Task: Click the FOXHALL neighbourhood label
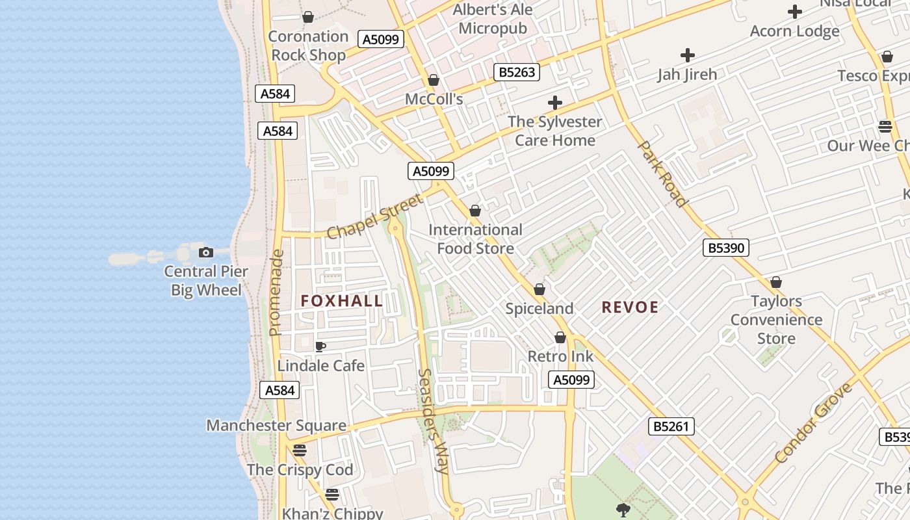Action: pos(342,301)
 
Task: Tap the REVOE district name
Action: pos(630,307)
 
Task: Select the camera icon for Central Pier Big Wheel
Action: pos(206,252)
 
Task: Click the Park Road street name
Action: pos(662,173)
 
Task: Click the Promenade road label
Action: pos(276,292)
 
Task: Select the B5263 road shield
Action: pos(517,72)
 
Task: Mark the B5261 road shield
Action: pos(671,426)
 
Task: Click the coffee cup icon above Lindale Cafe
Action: pos(320,346)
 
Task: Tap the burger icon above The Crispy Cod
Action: pos(299,450)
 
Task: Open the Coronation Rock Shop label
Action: pos(308,45)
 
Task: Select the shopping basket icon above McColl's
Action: pos(434,80)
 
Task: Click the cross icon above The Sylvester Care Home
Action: pos(554,103)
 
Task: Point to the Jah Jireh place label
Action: pos(687,74)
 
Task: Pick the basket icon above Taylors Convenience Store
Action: pos(775,282)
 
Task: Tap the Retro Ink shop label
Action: pos(560,356)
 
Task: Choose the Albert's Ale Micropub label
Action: pos(493,19)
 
